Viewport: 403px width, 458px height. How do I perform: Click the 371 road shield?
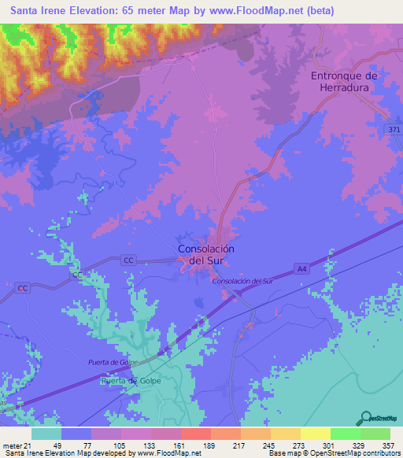[x=393, y=129]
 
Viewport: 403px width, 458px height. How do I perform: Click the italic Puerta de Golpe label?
[x=113, y=361]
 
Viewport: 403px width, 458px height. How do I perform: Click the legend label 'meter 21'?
[x=15, y=445]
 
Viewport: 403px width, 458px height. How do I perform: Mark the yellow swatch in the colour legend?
[x=314, y=434]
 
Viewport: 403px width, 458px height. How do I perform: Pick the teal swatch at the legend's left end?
[x=46, y=434]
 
